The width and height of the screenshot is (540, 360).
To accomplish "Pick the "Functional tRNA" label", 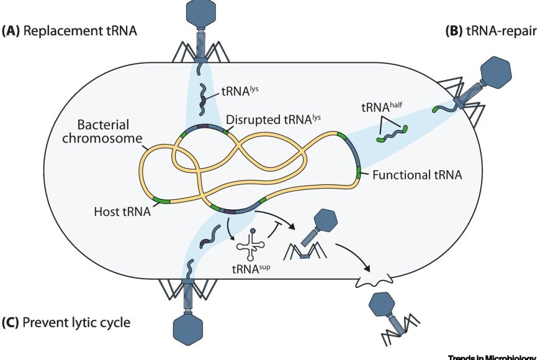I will coord(417,176).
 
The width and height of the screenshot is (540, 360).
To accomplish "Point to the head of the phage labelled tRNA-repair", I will coord(498,73).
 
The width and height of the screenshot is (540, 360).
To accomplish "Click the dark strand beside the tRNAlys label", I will coord(203,100).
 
